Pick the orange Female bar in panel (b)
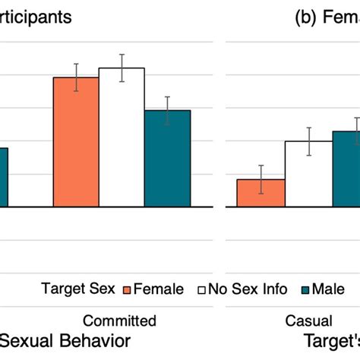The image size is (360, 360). [x=261, y=193]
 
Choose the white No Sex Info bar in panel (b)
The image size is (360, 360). [x=308, y=174]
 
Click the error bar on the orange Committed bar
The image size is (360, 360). [x=75, y=77]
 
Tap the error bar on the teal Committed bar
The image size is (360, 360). [x=167, y=110]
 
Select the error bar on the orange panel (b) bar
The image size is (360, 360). [x=261, y=179]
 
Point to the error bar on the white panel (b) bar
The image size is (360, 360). [x=308, y=141]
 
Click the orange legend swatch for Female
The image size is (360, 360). [x=127, y=289]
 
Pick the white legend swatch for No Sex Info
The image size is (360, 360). [x=203, y=289]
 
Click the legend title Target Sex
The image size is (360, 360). [x=79, y=289]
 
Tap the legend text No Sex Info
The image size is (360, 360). [x=249, y=289]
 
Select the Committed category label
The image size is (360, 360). [x=119, y=320]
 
